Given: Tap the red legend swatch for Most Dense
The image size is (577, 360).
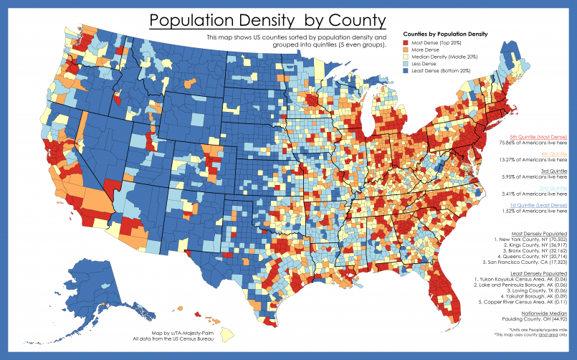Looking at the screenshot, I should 407,44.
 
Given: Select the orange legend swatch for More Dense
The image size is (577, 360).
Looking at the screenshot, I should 407,52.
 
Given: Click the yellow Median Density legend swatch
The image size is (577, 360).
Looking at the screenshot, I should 407,61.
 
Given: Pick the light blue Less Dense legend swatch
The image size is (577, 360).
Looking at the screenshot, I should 407,70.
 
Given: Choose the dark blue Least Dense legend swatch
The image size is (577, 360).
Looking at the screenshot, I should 407,78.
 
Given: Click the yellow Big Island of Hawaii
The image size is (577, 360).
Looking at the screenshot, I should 229,333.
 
